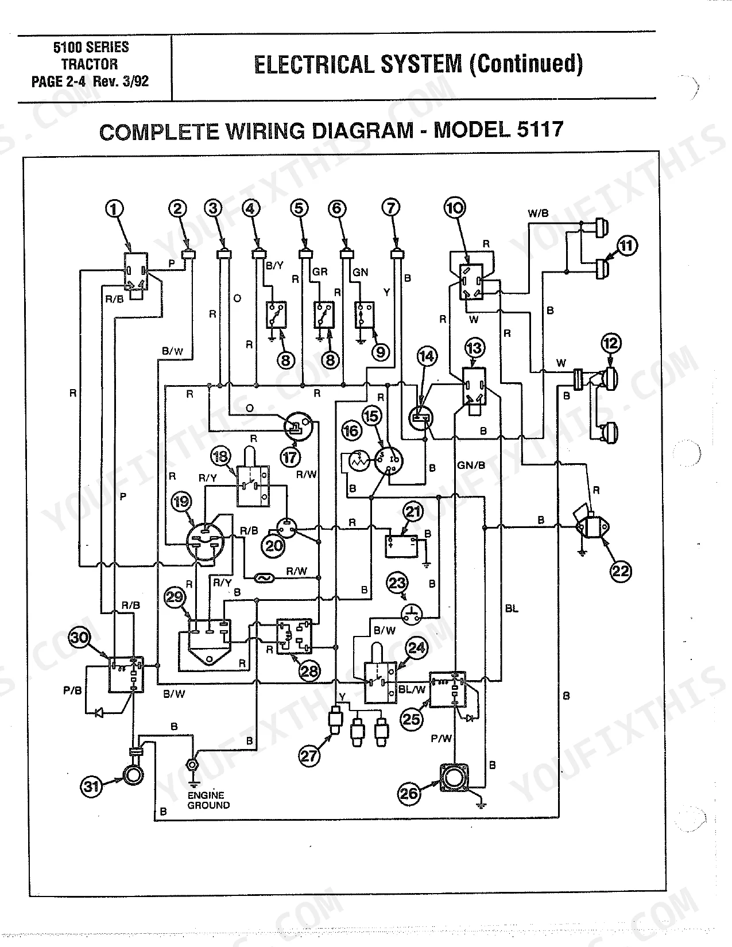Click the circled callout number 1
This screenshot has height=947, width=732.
click(114, 209)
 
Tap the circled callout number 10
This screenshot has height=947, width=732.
click(455, 207)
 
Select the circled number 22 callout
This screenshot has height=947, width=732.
click(621, 571)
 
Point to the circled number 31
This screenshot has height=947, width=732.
click(91, 787)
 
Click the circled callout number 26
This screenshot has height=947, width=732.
click(409, 793)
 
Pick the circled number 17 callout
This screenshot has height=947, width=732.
click(290, 457)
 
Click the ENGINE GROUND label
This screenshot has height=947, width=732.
click(208, 800)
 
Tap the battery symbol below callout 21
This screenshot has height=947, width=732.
click(401, 546)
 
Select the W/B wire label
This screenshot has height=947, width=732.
click(538, 214)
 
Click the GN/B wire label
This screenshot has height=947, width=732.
click(471, 465)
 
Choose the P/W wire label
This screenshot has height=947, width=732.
click(441, 739)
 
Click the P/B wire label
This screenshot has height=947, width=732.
click(72, 690)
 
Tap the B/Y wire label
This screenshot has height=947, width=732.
click(274, 265)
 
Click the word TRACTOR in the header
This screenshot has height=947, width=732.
click(90, 64)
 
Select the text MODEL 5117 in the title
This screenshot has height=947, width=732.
click(498, 130)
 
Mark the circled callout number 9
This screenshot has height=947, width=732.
click(380, 352)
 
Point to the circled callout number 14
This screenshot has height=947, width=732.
click(427, 356)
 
